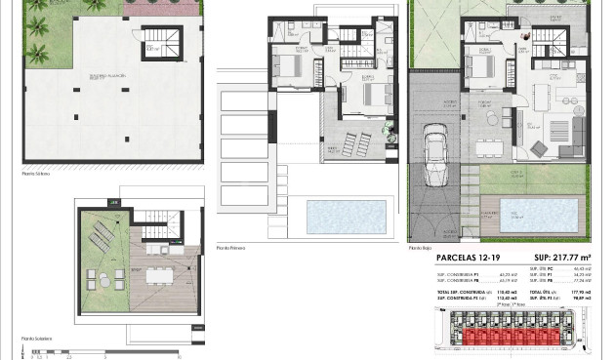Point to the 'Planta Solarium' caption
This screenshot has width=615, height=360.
[x=37, y=339]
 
